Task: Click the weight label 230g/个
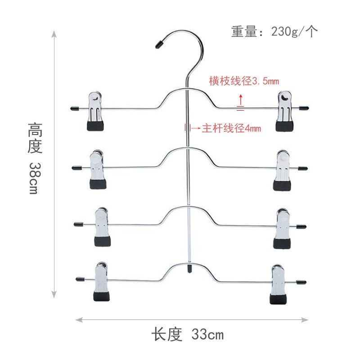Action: click(x=274, y=31)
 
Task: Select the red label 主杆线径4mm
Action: click(x=230, y=128)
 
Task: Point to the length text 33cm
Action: click(x=187, y=335)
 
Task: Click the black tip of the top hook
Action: click(x=158, y=45)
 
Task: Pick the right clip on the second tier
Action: click(x=283, y=170)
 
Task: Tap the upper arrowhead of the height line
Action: click(x=54, y=34)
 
